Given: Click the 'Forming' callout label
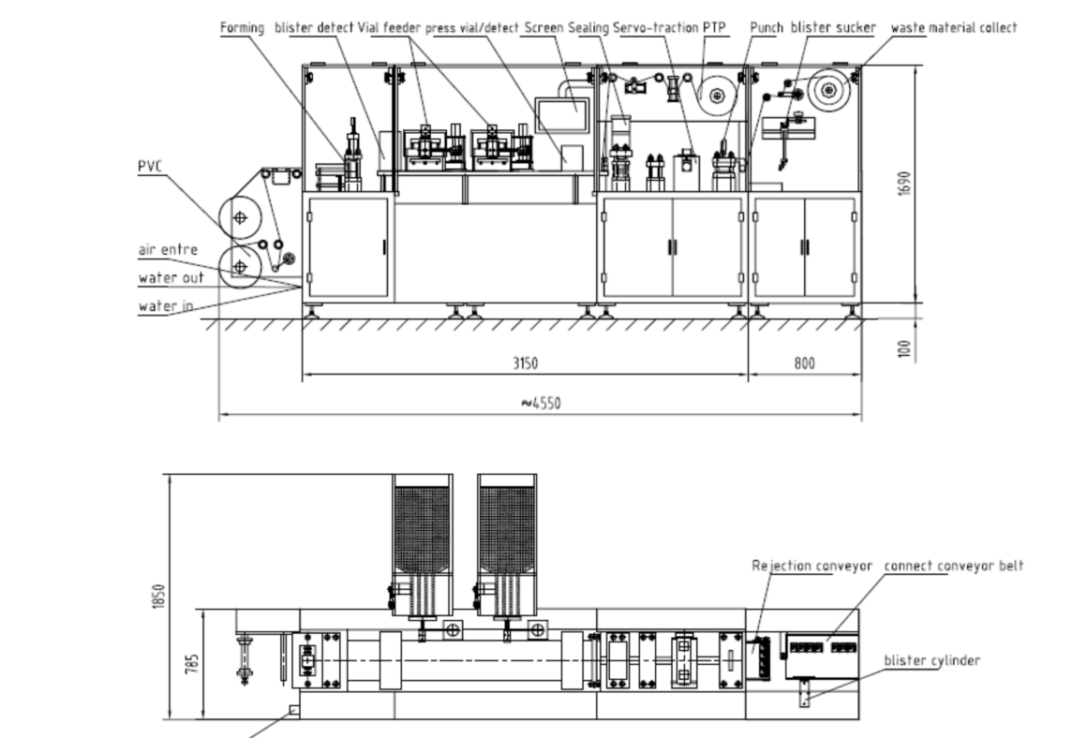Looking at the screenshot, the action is pos(242,28).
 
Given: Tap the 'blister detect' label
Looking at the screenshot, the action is pos(314,28).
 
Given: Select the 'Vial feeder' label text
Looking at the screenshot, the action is pos(389,28).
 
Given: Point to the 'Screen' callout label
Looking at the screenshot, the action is pos(543,28).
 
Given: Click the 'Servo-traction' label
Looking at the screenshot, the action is pos(656,28).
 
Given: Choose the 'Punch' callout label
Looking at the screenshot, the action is pos(767,28).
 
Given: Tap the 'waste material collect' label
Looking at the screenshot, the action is pos(954,28).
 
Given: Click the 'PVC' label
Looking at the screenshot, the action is pos(150,166).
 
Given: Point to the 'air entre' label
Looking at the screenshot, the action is pos(168,250).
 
